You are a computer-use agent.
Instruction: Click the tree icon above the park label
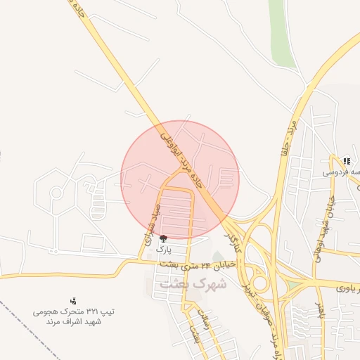(164, 239)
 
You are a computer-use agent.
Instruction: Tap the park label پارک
(163, 249)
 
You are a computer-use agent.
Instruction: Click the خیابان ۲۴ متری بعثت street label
(205, 265)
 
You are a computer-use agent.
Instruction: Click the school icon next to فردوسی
(347, 161)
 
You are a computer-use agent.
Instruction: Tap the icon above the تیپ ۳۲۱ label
(74, 301)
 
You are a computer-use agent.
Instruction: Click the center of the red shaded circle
(181, 179)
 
